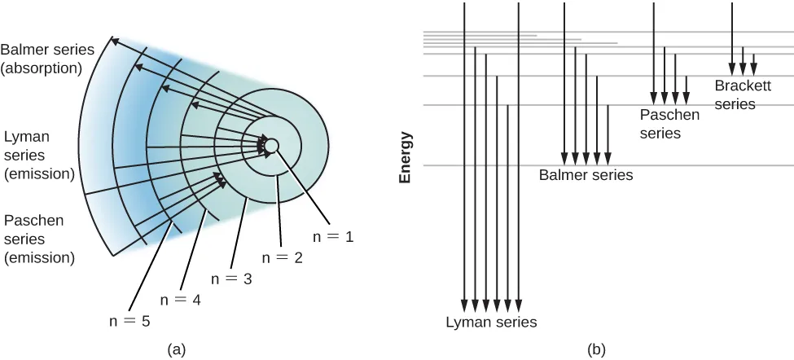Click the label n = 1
[334, 237]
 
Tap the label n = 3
[232, 279]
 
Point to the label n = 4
[180, 299]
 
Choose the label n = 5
[130, 320]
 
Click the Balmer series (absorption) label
[47, 59]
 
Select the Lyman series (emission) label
[39, 155]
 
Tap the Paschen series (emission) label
[39, 239]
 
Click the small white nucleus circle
[272, 145]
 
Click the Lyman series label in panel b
[491, 322]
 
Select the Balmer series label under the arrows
[586, 174]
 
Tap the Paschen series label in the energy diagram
[669, 123]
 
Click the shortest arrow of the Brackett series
[754, 64]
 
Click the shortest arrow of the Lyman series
[507, 208]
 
